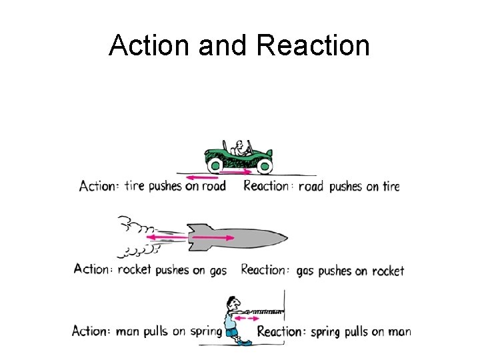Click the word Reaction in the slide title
click(312, 45)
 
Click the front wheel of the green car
click(265, 165)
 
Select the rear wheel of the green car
click(216, 165)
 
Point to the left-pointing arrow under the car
click(201, 177)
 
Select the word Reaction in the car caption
click(266, 186)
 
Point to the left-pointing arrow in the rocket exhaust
click(166, 237)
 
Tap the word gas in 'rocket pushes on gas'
click(217, 271)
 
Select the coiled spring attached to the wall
click(267, 311)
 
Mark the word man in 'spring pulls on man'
click(399, 331)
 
